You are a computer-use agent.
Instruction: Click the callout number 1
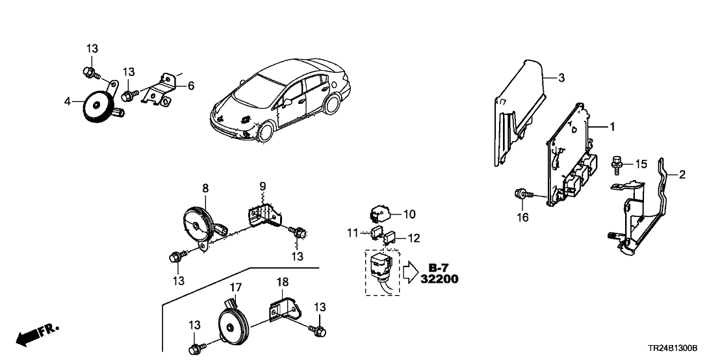611,127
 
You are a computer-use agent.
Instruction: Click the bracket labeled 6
159,92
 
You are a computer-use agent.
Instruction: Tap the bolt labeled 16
521,193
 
